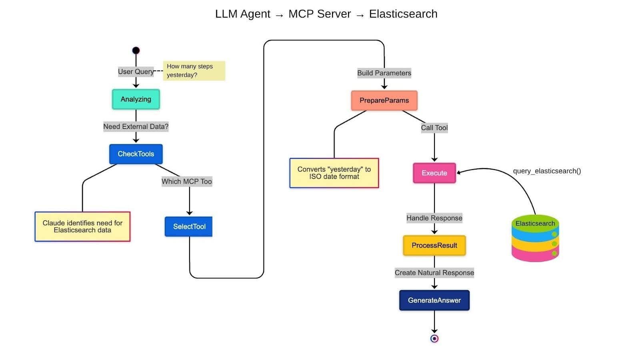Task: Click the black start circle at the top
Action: tap(136, 50)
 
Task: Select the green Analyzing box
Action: tap(136, 99)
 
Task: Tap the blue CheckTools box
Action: tap(136, 154)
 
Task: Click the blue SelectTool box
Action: tap(189, 226)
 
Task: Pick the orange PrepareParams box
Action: tap(384, 100)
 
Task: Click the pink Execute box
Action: tap(434, 173)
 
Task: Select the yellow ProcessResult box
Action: tap(434, 246)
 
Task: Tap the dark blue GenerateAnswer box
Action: tap(434, 300)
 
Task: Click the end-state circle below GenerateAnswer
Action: tap(434, 339)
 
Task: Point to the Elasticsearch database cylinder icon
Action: tap(535, 239)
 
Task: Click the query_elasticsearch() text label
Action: tap(547, 171)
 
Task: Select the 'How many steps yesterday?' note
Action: tap(194, 71)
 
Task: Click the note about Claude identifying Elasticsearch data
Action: tap(82, 226)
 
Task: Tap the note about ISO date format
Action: tap(334, 173)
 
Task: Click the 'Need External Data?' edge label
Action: tap(136, 127)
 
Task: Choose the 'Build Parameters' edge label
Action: tap(384, 73)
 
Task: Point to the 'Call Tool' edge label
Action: tap(434, 128)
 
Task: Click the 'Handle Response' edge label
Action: tap(434, 218)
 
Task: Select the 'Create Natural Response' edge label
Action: tap(434, 273)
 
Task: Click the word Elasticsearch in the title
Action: tap(403, 14)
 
